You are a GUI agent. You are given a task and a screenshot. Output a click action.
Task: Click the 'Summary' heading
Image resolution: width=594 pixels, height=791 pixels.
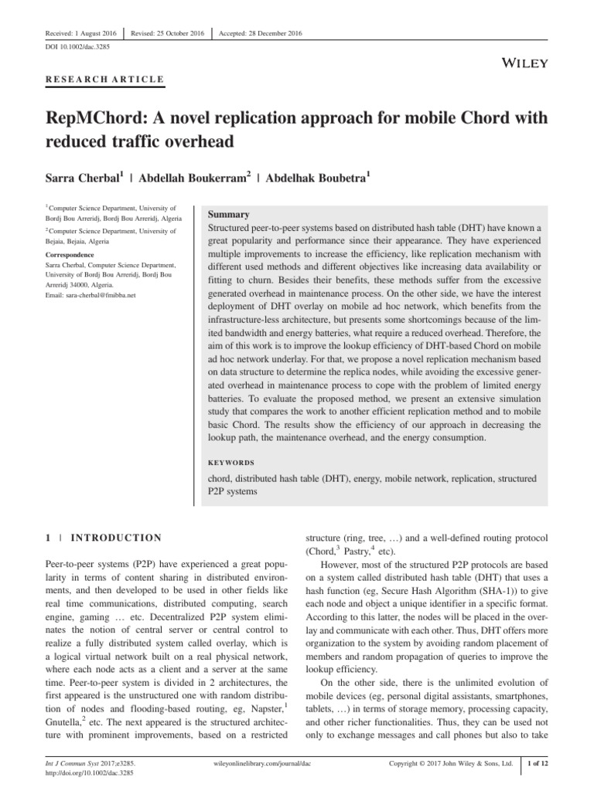click(229, 214)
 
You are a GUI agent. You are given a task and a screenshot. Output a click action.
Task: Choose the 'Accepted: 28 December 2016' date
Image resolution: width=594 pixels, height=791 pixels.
click(261, 32)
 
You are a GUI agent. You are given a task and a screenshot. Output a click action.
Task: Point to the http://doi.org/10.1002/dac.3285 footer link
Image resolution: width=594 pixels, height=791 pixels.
click(78, 772)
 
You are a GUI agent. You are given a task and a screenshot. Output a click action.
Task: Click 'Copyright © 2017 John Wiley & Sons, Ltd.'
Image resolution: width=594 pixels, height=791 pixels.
click(451, 764)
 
